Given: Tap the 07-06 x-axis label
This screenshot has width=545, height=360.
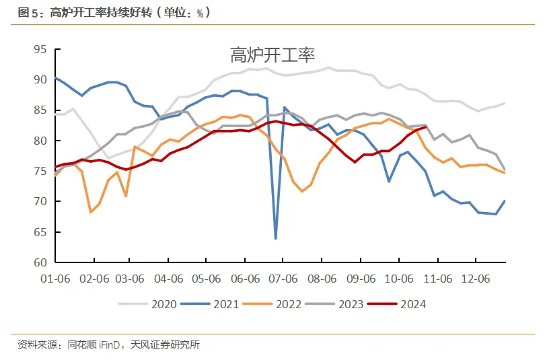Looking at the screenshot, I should tap(284, 279).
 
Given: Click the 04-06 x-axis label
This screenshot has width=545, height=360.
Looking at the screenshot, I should tap(170, 279).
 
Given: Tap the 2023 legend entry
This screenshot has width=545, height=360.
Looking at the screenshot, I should tap(351, 304).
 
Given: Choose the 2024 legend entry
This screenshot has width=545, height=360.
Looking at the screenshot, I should tap(412, 304).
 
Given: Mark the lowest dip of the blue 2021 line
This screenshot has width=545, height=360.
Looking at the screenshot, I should tap(275, 238).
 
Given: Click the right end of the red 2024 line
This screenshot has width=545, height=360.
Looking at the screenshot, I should tap(426, 127).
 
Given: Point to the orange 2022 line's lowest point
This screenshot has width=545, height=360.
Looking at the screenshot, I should tap(91, 212).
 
